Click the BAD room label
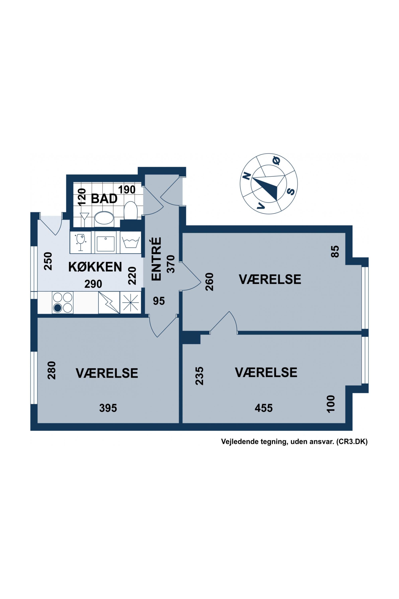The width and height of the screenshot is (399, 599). tap(104, 199)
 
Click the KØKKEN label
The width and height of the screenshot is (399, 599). tap(95, 267)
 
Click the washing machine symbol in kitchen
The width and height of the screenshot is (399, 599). tap(130, 242)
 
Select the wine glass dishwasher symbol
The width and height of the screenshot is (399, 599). tap(81, 242)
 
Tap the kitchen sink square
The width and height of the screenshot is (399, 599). tap(105, 242)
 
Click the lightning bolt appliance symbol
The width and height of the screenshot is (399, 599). tap(109, 302)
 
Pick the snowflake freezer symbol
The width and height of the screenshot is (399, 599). tap(130, 302)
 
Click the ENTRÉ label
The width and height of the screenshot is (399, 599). tap(156, 259)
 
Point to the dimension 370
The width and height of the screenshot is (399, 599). tap(171, 264)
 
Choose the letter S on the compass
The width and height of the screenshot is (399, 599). tap(291, 191)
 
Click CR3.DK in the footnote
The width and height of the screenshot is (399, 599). tap(352, 442)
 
